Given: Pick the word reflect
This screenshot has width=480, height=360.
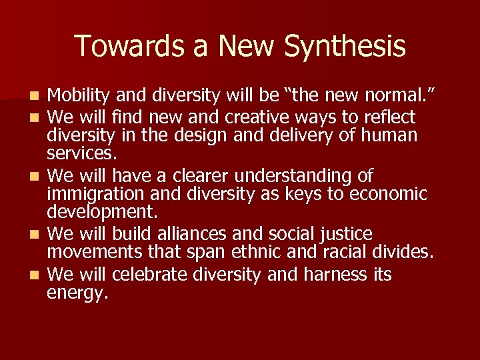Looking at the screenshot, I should click(x=389, y=117).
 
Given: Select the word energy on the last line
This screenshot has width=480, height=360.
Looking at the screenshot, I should click(x=77, y=293).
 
